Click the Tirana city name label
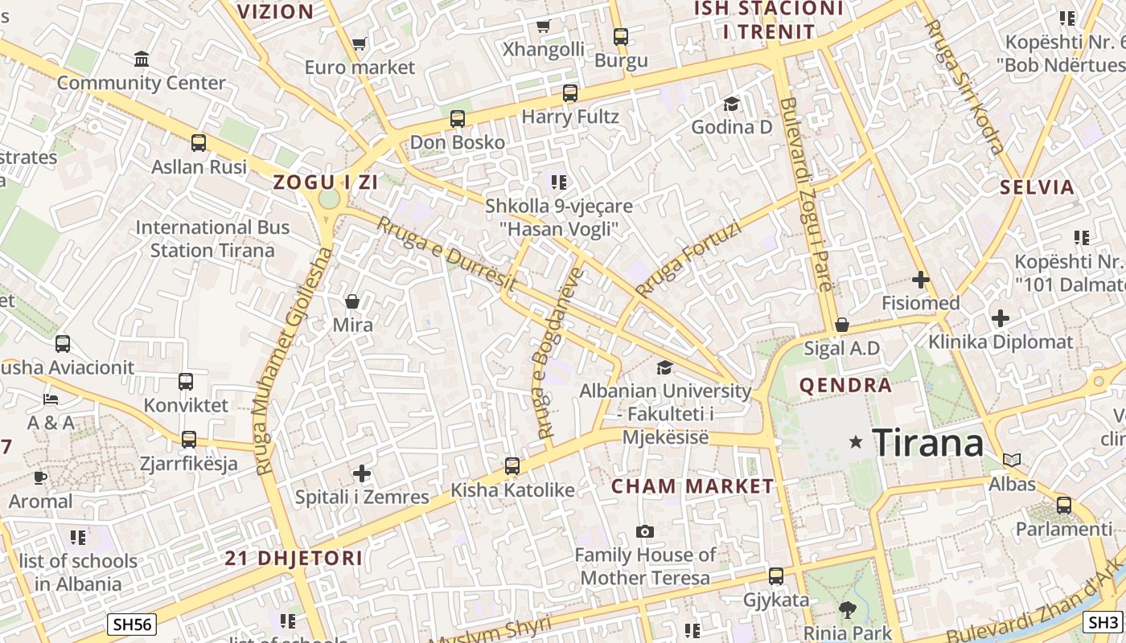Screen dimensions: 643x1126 click(x=927, y=443)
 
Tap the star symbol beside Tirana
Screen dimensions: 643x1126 click(x=856, y=441)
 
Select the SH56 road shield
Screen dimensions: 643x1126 click(x=132, y=624)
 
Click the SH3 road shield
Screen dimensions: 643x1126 click(x=1103, y=621)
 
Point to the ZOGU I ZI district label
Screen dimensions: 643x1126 click(x=326, y=182)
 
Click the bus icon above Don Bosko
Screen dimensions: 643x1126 click(x=458, y=119)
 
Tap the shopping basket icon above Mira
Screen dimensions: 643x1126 click(x=352, y=301)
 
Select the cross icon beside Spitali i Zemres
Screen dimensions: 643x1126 click(x=362, y=473)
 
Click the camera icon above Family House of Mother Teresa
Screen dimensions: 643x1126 click(x=645, y=531)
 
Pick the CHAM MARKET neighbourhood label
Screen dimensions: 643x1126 click(x=692, y=486)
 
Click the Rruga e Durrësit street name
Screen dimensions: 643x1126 click(x=446, y=253)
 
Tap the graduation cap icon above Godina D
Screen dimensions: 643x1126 click(x=732, y=104)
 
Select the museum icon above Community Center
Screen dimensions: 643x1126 click(x=142, y=59)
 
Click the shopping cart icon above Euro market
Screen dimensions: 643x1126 click(x=360, y=43)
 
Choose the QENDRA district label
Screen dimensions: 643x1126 click(x=845, y=385)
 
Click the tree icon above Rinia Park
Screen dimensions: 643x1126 click(x=848, y=608)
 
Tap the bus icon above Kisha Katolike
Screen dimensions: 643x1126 click(x=512, y=466)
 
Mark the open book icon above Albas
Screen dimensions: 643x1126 click(x=1012, y=460)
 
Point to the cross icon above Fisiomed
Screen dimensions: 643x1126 click(x=921, y=280)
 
